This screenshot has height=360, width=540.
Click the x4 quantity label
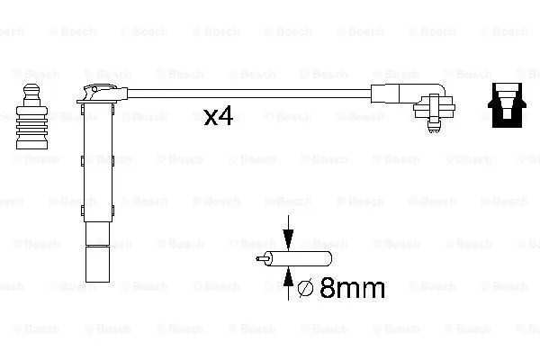[219, 117]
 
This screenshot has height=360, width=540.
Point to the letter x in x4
[211, 119]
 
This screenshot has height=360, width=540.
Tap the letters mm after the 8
[359, 290]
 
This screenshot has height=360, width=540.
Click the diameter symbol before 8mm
[304, 289]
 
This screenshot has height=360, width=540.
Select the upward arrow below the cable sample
[288, 286]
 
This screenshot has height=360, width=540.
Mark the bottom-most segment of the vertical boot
[95, 266]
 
